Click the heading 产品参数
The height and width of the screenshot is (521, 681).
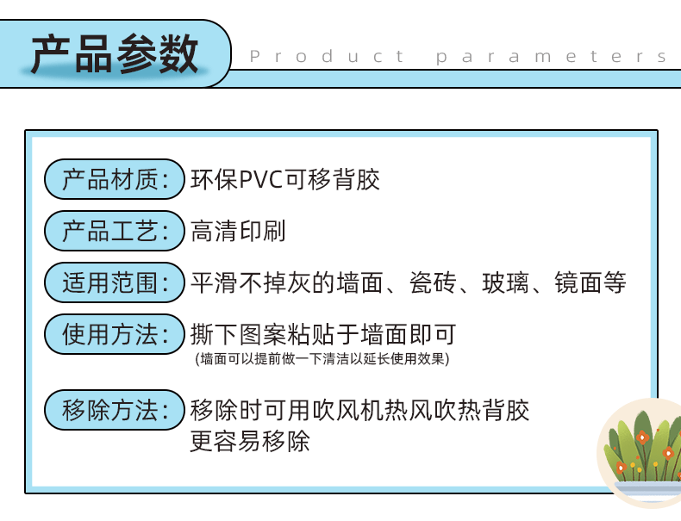pyautogui.click(x=114, y=54)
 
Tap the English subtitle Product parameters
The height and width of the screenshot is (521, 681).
pyautogui.click(x=459, y=57)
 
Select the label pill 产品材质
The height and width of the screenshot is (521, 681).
pyautogui.click(x=114, y=180)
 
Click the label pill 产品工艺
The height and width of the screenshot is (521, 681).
pyautogui.click(x=114, y=231)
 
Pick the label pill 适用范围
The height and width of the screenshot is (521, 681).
pyautogui.click(x=114, y=282)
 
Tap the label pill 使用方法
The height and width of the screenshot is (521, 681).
pyautogui.click(x=114, y=334)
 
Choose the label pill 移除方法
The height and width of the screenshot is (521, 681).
pyautogui.click(x=114, y=410)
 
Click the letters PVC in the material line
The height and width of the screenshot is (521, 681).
pyautogui.click(x=259, y=180)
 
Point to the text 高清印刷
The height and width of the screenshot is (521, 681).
pyautogui.click(x=238, y=231)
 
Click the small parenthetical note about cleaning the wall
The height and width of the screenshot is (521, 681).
pyautogui.click(x=322, y=358)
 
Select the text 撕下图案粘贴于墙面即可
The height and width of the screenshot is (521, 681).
pyautogui.click(x=322, y=334)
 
